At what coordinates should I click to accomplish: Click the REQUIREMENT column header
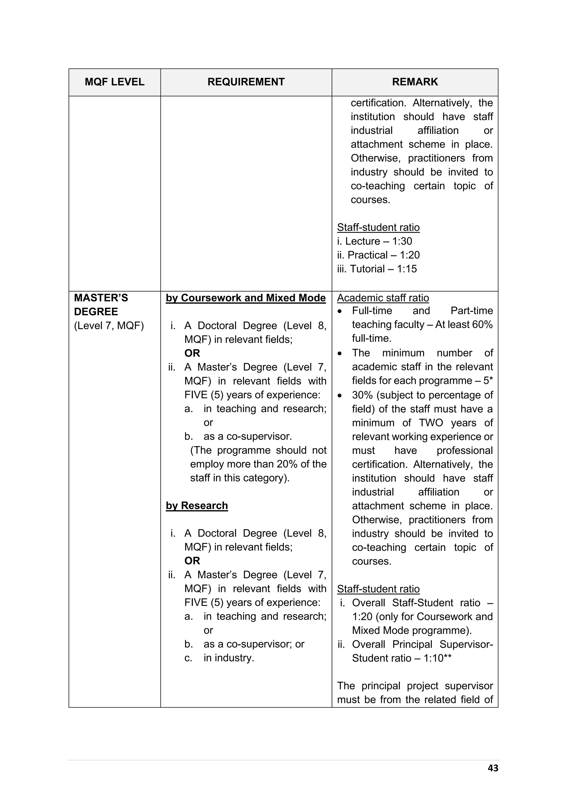tap(246, 82)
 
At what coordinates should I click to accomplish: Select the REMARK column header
tap(414, 82)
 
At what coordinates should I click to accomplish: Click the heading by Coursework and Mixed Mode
tap(246, 298)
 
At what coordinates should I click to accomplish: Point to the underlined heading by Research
tap(197, 506)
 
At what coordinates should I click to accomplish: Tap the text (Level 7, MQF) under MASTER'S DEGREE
tap(109, 326)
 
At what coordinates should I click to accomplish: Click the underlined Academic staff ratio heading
tap(383, 298)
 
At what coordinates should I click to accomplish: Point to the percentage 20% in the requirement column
tap(287, 464)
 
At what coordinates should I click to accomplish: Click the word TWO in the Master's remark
tap(431, 423)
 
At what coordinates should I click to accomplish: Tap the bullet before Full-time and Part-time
tap(340, 311)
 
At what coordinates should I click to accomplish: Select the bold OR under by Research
tap(192, 561)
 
